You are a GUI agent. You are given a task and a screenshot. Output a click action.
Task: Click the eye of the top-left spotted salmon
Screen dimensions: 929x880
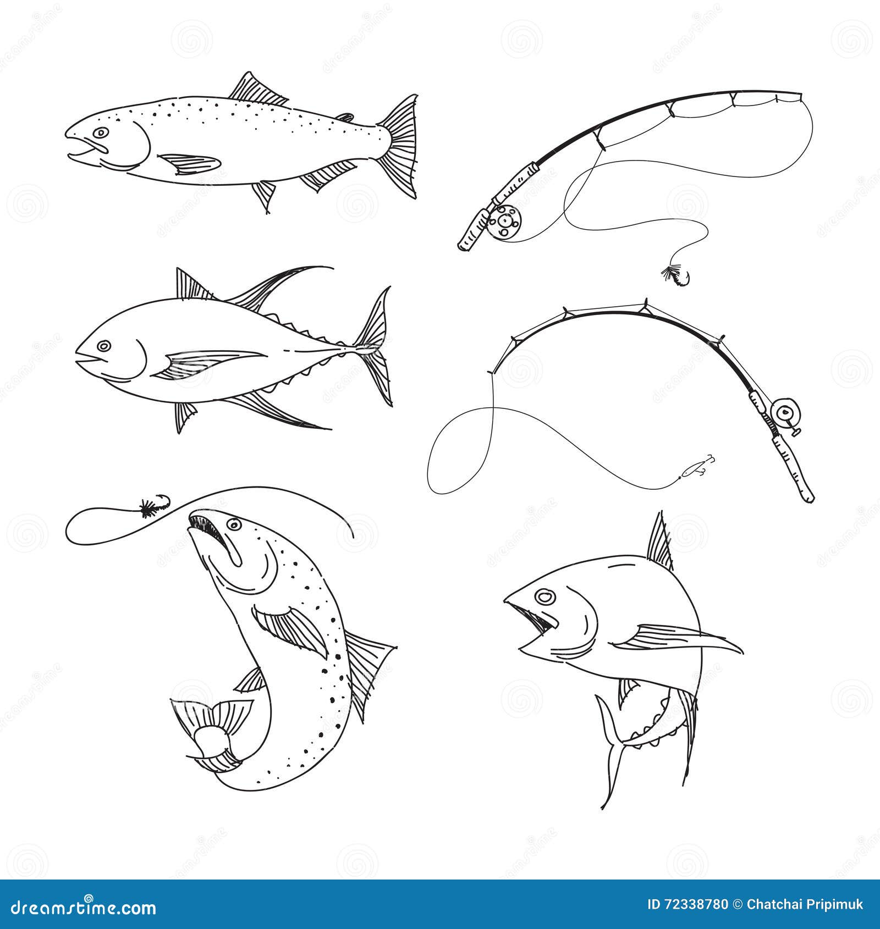(101, 132)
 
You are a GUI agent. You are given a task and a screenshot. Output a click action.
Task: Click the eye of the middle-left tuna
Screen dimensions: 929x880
(103, 346)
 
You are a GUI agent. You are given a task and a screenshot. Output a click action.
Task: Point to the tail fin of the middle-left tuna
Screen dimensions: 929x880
(376, 346)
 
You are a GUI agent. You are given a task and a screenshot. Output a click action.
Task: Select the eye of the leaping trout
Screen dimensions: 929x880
(234, 525)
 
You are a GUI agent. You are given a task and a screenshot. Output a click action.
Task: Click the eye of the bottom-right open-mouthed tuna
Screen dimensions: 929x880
(544, 596)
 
